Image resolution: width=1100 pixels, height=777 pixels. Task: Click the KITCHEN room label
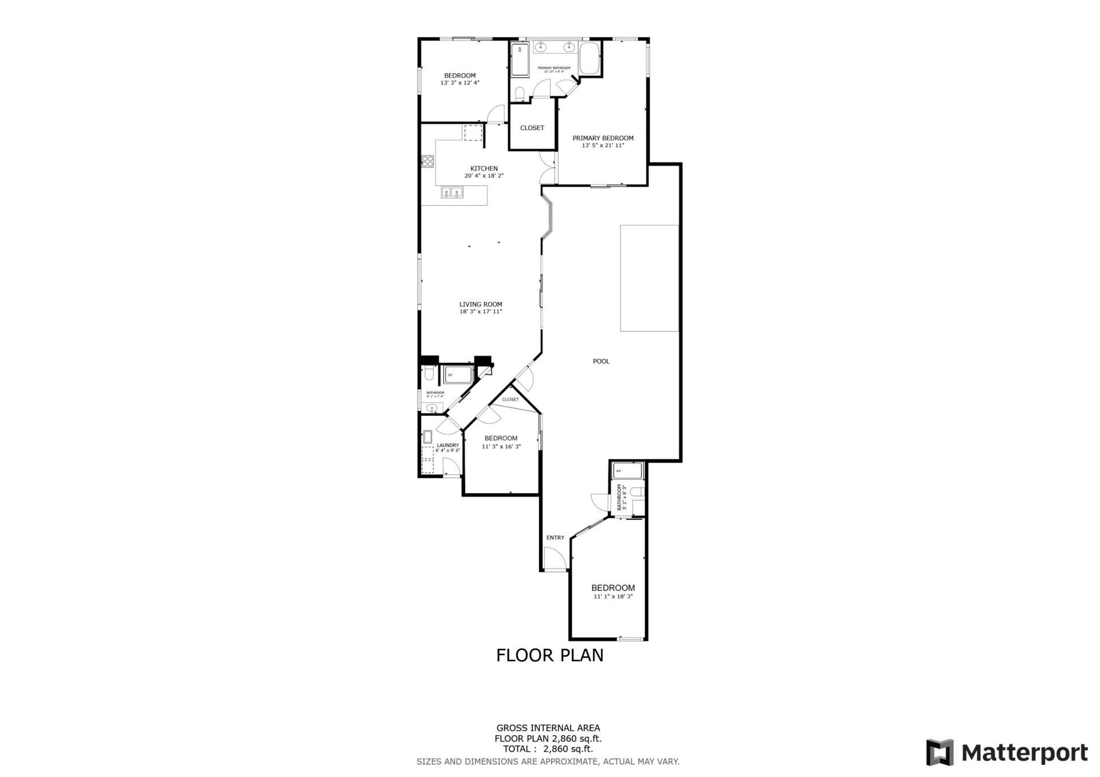(x=484, y=168)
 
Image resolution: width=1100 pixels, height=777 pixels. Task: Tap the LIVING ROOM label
(x=481, y=305)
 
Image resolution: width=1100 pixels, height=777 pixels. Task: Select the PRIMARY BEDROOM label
(x=603, y=138)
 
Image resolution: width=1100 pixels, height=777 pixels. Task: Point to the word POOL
(x=601, y=361)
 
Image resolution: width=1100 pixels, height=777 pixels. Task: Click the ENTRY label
(x=555, y=538)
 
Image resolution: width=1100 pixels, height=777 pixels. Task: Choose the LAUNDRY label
(x=448, y=445)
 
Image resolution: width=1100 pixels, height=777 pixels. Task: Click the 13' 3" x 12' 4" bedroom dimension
(x=459, y=83)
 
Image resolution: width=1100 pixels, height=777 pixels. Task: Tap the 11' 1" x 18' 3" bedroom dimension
(x=613, y=597)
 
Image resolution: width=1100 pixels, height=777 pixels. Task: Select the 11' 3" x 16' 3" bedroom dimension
(x=501, y=447)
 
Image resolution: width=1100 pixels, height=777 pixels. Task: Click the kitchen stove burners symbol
(x=427, y=161)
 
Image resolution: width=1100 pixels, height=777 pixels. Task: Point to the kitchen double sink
(x=452, y=193)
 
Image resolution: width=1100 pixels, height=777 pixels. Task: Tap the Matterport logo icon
(x=940, y=752)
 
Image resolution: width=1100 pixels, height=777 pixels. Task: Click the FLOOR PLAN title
(x=549, y=655)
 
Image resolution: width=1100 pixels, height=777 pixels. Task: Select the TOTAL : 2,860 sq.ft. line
(x=548, y=748)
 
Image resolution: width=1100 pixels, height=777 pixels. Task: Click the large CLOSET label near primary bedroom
(x=532, y=128)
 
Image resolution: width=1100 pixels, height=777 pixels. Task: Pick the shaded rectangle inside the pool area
(x=649, y=278)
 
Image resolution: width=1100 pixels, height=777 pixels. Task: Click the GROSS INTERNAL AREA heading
(x=548, y=728)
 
